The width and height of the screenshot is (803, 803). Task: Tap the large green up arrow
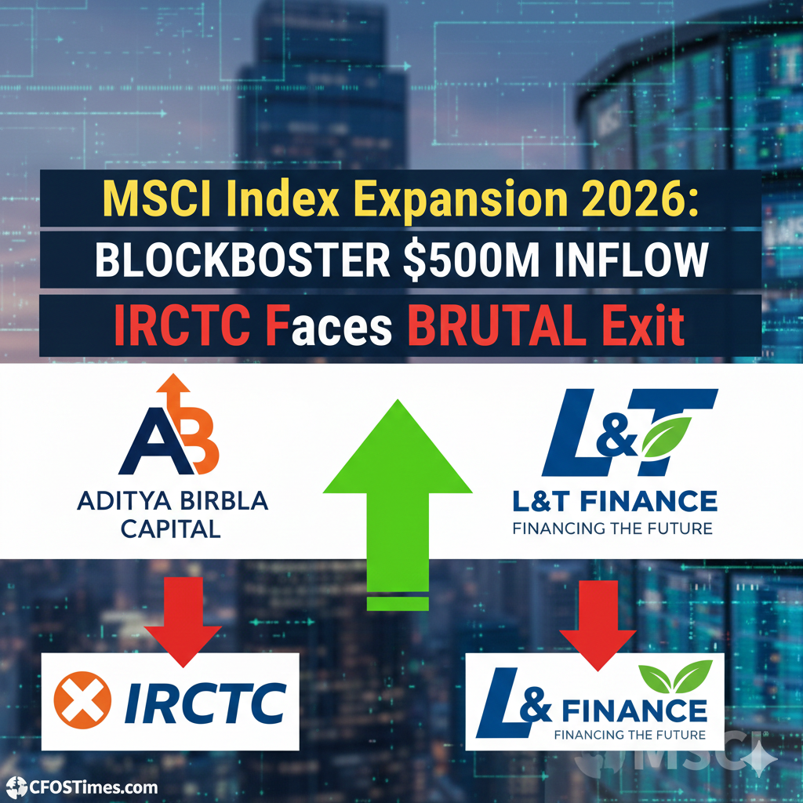coord(398,494)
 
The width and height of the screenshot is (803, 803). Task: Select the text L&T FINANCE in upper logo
coord(614,500)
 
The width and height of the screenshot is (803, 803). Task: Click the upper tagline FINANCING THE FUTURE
coord(612,528)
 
